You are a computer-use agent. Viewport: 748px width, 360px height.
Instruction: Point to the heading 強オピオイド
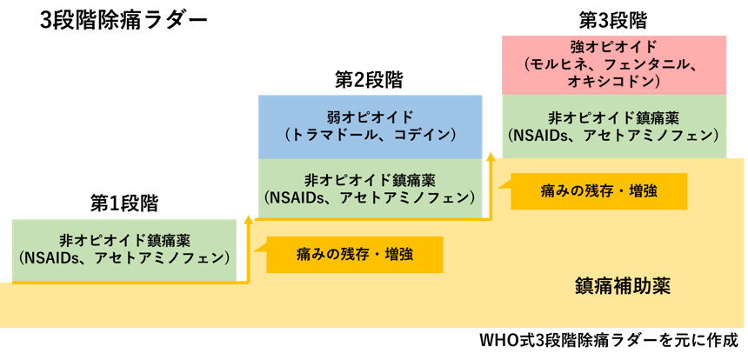[614, 46]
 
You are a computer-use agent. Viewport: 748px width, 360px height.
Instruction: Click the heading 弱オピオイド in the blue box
[371, 117]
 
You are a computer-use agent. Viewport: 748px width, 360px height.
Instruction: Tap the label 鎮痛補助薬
[623, 286]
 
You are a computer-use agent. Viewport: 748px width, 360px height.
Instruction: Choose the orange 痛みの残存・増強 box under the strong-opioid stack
[598, 191]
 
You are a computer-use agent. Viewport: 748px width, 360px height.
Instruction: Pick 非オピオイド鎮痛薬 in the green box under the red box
[614, 117]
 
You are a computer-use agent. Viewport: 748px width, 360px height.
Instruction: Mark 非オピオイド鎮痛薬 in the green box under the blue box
[371, 180]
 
